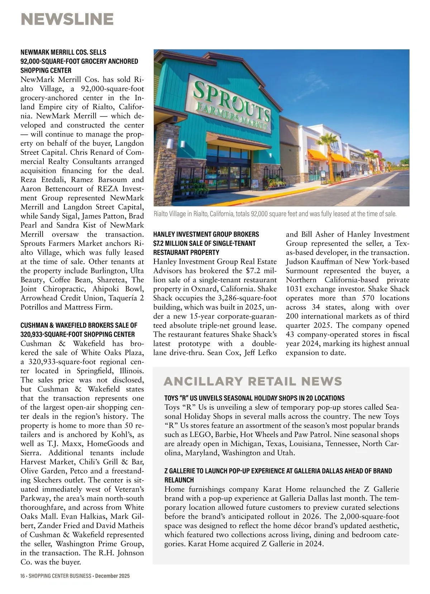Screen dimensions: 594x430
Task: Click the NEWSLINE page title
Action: pos(67,19)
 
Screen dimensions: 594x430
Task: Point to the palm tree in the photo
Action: pos(327,151)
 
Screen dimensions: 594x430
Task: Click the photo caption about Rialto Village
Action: pos(275,214)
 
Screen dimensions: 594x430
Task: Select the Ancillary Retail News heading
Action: pos(253,381)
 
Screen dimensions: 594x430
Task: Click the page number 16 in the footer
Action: pos(23,576)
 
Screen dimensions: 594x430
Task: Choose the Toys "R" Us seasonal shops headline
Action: pos(254,398)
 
